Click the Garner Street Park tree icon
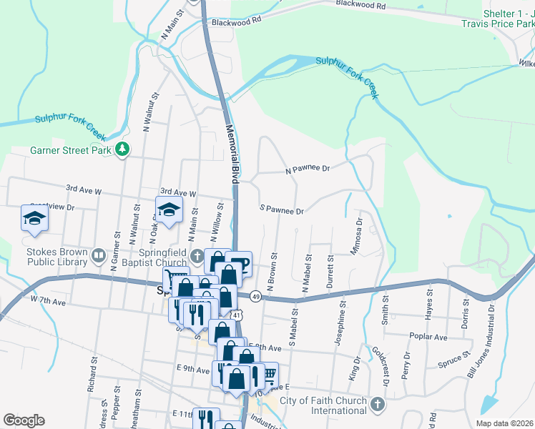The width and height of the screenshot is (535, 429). tap(124, 149)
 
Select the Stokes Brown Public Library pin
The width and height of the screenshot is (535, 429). tap(98, 253)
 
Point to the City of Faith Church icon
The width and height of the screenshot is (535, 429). tap(378, 405)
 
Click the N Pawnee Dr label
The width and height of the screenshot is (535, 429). tap(307, 169)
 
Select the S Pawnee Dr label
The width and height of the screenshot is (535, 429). tap(283, 211)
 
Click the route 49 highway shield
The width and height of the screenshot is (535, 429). tap(255, 295)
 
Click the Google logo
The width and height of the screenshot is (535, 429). tap(24, 420)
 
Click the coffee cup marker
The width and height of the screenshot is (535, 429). tap(240, 264)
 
